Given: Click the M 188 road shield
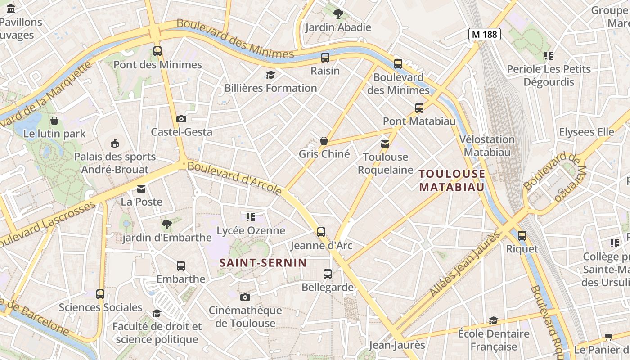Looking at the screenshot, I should (485, 34).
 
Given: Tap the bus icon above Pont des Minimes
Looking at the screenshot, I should (157, 51).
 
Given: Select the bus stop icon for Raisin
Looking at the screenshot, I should (325, 58).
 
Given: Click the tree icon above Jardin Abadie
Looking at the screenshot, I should (338, 14).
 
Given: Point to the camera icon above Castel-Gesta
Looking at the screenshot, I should (181, 119).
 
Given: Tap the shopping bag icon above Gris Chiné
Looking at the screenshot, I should (324, 141).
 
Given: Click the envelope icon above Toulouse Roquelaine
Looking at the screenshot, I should (385, 144).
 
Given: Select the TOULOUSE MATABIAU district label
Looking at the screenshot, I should (452, 180).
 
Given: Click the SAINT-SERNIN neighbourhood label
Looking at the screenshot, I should (263, 263).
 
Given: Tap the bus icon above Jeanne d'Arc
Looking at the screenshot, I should (321, 232).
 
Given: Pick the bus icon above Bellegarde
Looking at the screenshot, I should (327, 274).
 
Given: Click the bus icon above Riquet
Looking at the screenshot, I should (522, 235).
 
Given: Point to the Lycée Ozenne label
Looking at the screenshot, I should (251, 231).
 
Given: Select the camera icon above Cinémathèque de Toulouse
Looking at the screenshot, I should (245, 297).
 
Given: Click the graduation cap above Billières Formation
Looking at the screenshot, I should (270, 75).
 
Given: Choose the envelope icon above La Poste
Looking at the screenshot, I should (141, 189).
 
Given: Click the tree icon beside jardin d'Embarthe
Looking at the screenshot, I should (166, 224).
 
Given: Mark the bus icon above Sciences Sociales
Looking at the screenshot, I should (100, 294).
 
